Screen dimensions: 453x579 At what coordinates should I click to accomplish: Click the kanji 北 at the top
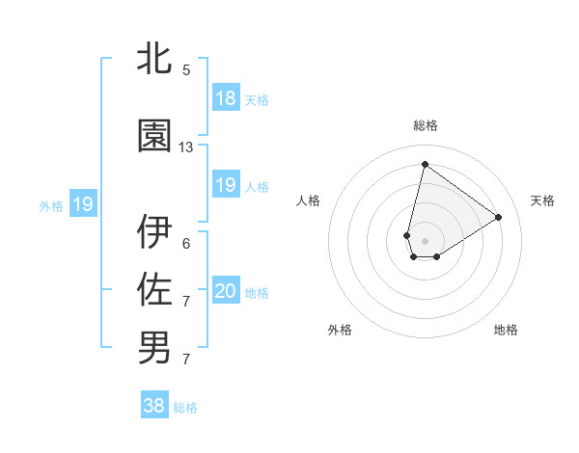(154, 59)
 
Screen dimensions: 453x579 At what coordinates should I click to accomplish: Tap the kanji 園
(154, 138)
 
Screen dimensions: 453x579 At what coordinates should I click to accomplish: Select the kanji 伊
(154, 232)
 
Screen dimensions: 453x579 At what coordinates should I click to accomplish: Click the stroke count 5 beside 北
(186, 70)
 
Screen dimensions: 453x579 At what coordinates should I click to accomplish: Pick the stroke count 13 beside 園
(186, 147)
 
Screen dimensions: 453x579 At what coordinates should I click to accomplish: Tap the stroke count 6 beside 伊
(186, 243)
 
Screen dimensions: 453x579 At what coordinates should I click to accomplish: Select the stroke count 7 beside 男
(186, 360)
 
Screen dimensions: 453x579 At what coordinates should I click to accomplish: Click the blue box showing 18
(225, 98)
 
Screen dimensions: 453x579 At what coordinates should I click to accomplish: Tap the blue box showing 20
(225, 292)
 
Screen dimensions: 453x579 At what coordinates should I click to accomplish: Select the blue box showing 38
(154, 406)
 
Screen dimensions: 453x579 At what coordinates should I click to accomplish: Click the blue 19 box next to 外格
(83, 204)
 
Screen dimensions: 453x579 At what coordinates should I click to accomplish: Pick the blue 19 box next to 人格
(225, 185)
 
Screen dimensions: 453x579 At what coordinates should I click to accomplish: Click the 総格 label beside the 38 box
(185, 408)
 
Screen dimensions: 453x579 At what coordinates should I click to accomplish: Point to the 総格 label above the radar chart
(425, 125)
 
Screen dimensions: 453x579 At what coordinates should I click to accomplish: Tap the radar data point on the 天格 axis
(499, 218)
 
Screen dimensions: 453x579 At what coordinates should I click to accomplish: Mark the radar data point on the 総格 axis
(425, 164)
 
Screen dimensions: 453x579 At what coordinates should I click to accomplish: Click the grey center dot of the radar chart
(425, 239)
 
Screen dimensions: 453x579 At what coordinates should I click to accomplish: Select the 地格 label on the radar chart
(506, 330)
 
